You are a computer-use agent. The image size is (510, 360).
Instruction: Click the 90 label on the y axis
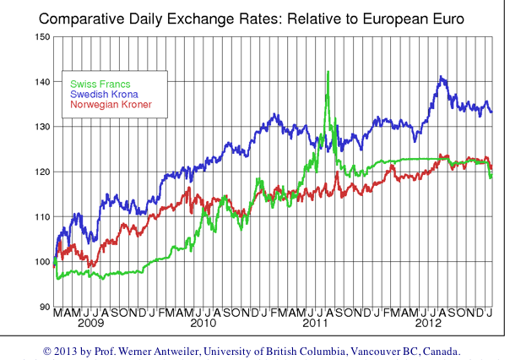(x=43, y=307)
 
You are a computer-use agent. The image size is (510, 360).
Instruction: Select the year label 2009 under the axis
(x=90, y=324)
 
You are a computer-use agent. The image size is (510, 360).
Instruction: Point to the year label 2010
(x=203, y=324)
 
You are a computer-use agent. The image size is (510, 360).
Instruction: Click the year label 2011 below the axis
(x=315, y=324)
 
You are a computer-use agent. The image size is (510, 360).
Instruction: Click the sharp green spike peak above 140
(x=327, y=73)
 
